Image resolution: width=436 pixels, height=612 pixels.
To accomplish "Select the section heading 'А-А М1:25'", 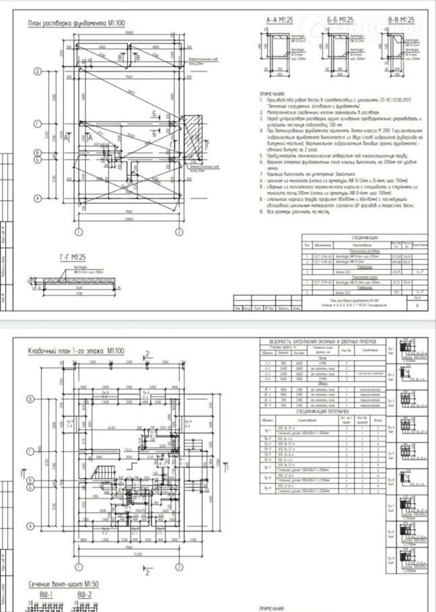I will [x=280, y=21].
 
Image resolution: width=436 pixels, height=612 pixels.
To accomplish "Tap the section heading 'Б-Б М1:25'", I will [x=340, y=21].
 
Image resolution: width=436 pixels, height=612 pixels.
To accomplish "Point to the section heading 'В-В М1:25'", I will [x=402, y=21].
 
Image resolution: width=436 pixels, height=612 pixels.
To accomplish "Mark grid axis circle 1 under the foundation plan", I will [x=78, y=232].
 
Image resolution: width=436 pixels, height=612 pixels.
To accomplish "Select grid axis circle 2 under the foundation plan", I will [x=179, y=232].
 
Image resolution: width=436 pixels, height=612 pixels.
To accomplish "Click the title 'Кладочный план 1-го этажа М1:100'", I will [x=76, y=351].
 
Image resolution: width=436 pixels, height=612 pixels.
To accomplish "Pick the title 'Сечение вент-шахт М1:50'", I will [x=63, y=584].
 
